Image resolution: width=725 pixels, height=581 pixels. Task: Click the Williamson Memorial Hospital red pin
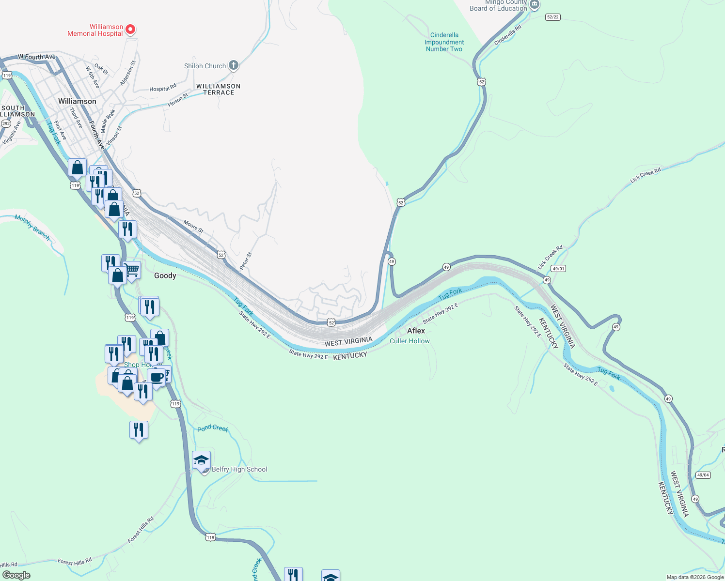[130, 30]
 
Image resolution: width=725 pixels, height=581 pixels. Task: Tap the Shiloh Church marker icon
[233, 65]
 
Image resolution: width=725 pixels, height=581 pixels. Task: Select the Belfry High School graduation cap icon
[201, 460]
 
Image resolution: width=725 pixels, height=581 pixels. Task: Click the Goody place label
[165, 275]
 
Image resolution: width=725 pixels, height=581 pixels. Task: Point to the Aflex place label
[416, 331]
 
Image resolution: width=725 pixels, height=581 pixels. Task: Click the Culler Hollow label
[410, 341]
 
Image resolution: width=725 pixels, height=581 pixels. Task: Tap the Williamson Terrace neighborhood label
[218, 89]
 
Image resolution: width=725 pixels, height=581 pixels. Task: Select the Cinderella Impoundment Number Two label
[444, 42]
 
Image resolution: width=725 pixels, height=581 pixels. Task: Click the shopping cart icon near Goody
[131, 270]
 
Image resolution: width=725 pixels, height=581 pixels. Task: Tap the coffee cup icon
[157, 377]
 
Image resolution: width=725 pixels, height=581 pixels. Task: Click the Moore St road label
[193, 227]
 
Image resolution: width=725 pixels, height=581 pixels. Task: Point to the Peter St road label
[246, 261]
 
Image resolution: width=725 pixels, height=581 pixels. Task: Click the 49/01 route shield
[558, 268]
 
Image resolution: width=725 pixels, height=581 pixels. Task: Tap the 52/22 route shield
[552, 17]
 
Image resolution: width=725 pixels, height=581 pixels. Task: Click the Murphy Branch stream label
[32, 227]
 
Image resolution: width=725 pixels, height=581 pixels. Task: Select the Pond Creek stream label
[212, 428]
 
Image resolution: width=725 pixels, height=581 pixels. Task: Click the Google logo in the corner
[16, 575]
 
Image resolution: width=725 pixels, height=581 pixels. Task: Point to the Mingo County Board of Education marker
[534, 5]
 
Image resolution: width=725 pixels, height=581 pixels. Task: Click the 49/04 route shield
[703, 475]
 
